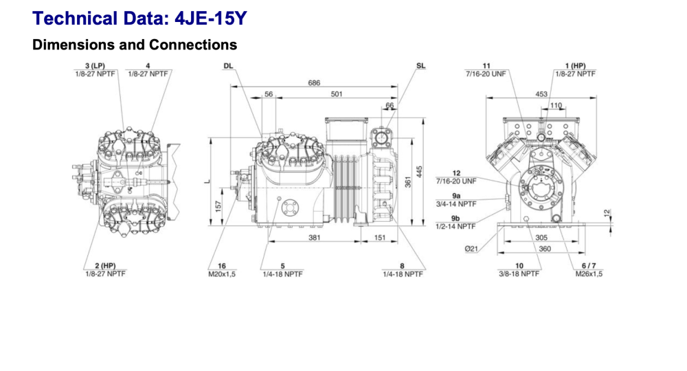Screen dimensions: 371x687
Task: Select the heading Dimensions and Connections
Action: click(135, 45)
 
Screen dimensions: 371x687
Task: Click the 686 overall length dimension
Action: click(313, 83)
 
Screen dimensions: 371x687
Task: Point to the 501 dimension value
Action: click(336, 94)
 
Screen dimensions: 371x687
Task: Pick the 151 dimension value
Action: click(379, 238)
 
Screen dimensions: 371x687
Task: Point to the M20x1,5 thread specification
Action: click(222, 273)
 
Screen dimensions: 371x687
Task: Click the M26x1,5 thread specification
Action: click(589, 273)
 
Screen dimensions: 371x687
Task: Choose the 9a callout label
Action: click(455, 196)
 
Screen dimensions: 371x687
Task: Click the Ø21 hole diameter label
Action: click(471, 249)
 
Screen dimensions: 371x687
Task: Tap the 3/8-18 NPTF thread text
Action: click(519, 273)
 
